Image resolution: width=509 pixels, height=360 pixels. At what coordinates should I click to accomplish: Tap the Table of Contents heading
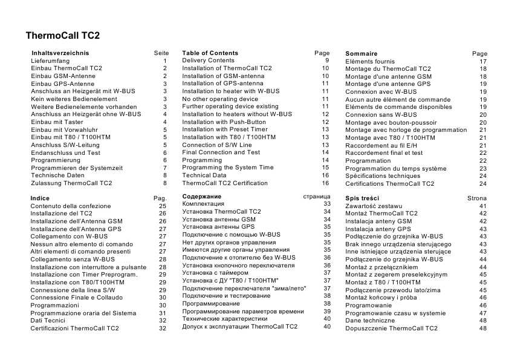(x=210, y=53)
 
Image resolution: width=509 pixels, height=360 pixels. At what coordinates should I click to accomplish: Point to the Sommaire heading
(x=361, y=54)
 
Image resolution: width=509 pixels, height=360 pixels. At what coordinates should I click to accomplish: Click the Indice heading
(x=40, y=198)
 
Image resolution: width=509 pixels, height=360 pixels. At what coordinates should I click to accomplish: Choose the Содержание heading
(x=201, y=197)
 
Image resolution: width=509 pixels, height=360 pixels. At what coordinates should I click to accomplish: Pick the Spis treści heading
(x=362, y=198)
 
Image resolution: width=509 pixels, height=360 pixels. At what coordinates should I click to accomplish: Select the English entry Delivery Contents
(x=208, y=61)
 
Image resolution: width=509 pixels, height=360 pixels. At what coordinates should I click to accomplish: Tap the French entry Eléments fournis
(x=370, y=62)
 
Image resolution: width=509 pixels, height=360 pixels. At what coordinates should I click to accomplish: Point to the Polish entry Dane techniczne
(x=371, y=321)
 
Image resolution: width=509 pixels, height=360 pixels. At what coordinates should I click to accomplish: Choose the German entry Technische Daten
(x=57, y=175)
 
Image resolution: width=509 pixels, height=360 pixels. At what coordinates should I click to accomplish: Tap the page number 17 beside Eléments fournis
(x=482, y=62)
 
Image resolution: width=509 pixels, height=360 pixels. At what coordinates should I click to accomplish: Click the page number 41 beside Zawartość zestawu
(x=482, y=206)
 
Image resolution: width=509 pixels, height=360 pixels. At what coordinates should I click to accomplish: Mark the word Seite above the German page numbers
(x=161, y=53)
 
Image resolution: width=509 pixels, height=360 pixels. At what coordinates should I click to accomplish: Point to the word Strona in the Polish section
(x=477, y=198)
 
